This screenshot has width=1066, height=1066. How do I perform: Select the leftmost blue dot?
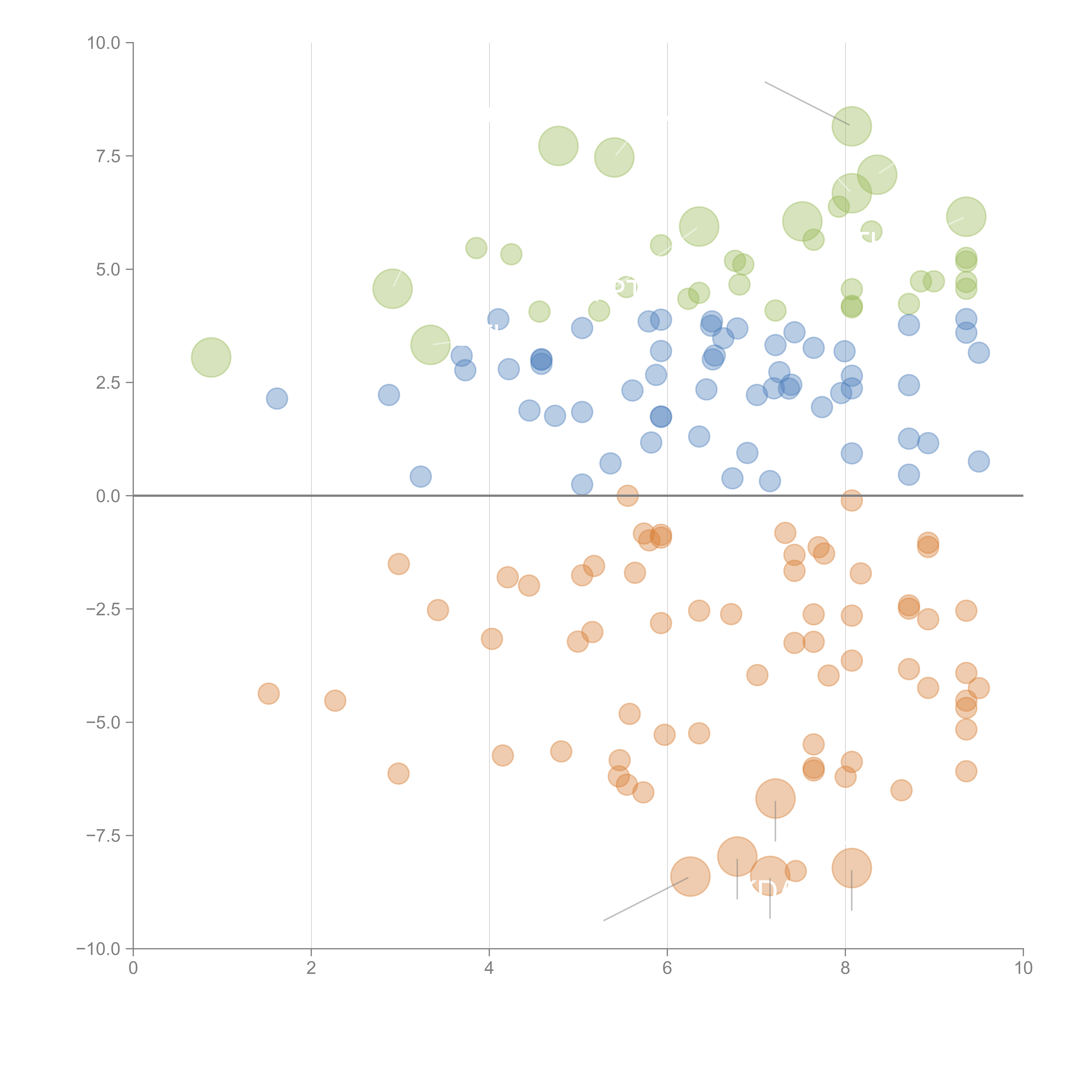pos(277,398)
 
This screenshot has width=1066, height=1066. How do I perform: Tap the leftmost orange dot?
pos(269,694)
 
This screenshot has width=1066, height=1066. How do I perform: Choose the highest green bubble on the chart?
pos(851,126)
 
